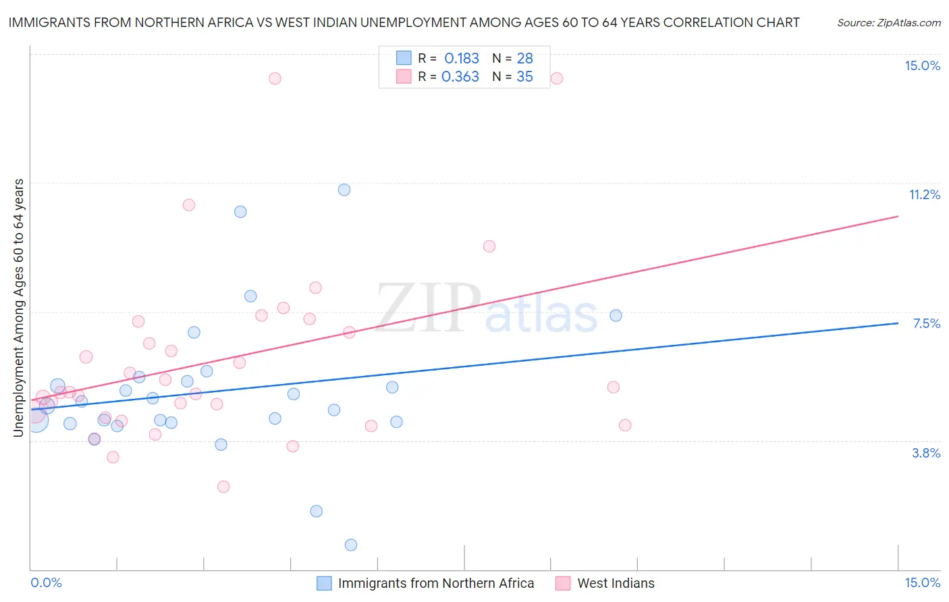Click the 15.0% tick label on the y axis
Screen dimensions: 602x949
coord(922,65)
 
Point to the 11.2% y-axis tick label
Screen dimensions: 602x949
coord(924,194)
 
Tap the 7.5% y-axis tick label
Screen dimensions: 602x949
coord(926,323)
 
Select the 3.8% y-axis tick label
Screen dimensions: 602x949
coord(926,453)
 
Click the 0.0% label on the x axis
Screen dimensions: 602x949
coord(46,582)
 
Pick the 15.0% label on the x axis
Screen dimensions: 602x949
coord(922,582)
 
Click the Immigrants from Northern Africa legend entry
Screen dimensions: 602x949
coord(435,583)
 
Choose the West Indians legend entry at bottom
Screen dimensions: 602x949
coord(616,583)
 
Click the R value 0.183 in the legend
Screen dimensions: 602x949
coord(462,58)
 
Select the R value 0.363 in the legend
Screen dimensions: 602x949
coord(460,76)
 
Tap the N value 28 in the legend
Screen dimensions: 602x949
coord(524,58)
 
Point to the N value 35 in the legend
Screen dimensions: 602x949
coord(524,76)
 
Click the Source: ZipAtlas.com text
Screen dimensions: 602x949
coord(888,22)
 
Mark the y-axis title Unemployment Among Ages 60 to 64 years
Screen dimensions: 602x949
coord(19,307)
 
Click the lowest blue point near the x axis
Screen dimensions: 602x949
coord(351,545)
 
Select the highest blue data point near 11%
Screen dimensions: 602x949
coord(344,190)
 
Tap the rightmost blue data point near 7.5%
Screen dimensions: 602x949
coord(616,315)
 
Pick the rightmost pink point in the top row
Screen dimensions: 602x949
coord(557,78)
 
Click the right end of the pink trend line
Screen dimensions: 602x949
coord(898,216)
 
